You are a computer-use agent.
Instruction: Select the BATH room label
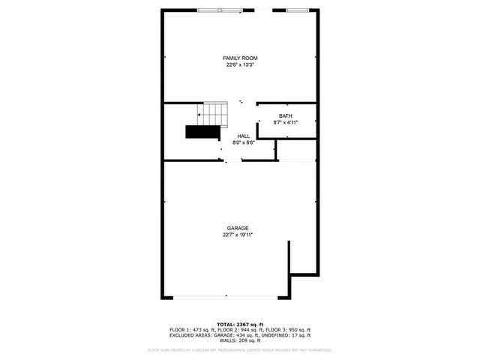pos(286,116)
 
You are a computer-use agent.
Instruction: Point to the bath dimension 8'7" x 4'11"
pos(286,122)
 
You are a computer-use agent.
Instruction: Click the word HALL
pos(244,136)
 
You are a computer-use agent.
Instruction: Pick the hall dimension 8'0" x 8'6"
pos(244,142)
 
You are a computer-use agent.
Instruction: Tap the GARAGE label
pos(238,228)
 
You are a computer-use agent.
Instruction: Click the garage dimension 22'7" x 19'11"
pos(238,235)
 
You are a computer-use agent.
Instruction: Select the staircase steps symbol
pos(213,114)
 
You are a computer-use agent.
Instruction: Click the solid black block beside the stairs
pos(202,133)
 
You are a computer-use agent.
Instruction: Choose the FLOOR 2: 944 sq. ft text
pos(241,330)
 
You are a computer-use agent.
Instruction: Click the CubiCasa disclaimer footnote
pos(240,349)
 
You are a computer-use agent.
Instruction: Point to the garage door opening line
pos(226,298)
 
